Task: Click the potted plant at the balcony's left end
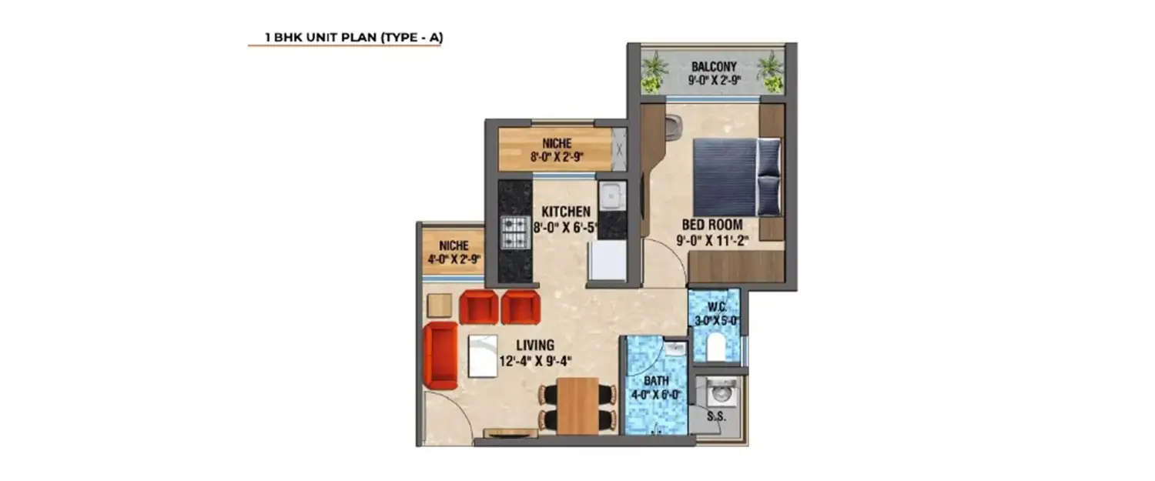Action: [654, 71]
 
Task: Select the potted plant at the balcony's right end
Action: [770, 71]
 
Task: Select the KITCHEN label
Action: [565, 212]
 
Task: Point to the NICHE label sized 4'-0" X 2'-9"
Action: [454, 246]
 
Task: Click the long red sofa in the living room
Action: [440, 356]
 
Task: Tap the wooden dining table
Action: [577, 405]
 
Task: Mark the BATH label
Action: [656, 381]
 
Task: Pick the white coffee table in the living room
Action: [483, 356]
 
